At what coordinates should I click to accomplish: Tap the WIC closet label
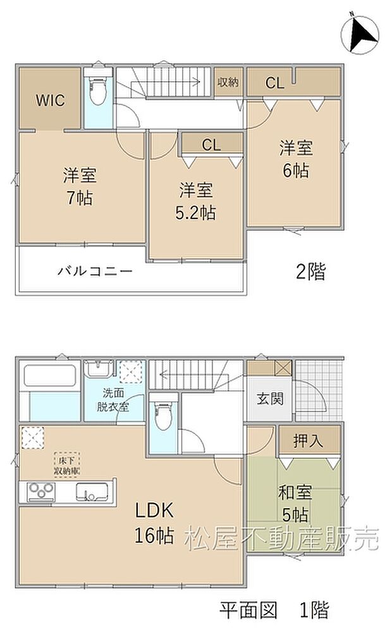point(49,101)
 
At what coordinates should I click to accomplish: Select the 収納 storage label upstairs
point(228,83)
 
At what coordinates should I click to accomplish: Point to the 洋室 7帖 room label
point(79,185)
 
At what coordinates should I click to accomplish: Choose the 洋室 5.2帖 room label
point(196,201)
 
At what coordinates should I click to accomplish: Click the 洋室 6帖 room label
point(296,159)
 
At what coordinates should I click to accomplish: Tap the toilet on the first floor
point(162,414)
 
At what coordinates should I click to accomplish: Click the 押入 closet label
point(309,441)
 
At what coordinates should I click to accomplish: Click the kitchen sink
point(92,492)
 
